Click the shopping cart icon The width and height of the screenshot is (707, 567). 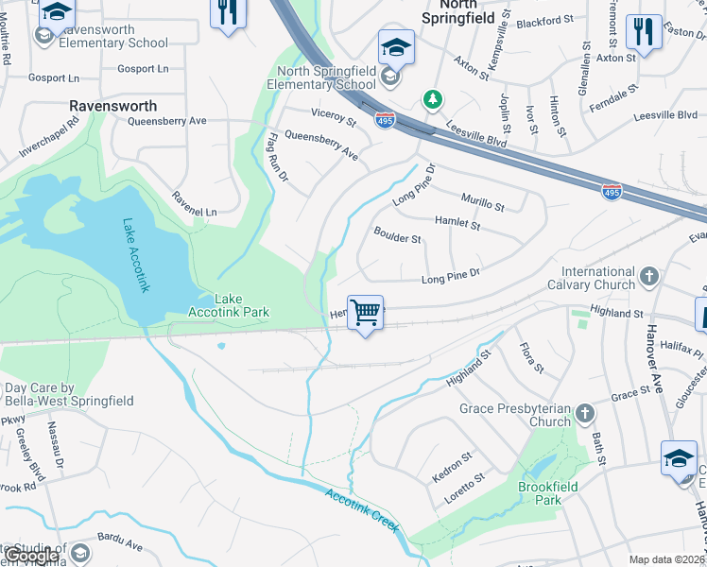click(x=365, y=311)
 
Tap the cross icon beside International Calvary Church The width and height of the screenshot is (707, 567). click(x=648, y=276)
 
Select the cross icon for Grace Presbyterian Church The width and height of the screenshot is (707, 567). click(x=585, y=413)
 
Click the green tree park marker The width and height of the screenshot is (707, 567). click(x=432, y=98)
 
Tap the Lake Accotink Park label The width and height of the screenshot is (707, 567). click(x=242, y=305)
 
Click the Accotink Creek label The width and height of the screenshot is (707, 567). click(x=361, y=509)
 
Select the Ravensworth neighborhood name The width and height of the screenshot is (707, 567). click(x=112, y=105)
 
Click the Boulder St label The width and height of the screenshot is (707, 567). click(x=397, y=235)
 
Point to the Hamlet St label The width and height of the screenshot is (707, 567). click(x=457, y=222)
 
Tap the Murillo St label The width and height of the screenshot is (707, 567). click(x=482, y=200)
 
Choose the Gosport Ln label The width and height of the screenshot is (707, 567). click(x=143, y=68)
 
